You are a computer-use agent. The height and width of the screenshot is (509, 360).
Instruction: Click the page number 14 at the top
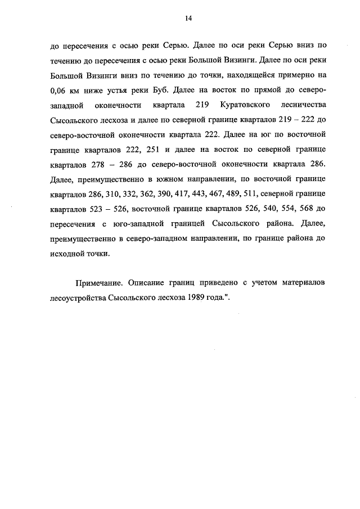pyautogui.click(x=188, y=19)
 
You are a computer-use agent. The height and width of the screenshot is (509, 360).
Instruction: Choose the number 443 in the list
pyautogui.click(x=200, y=193)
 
